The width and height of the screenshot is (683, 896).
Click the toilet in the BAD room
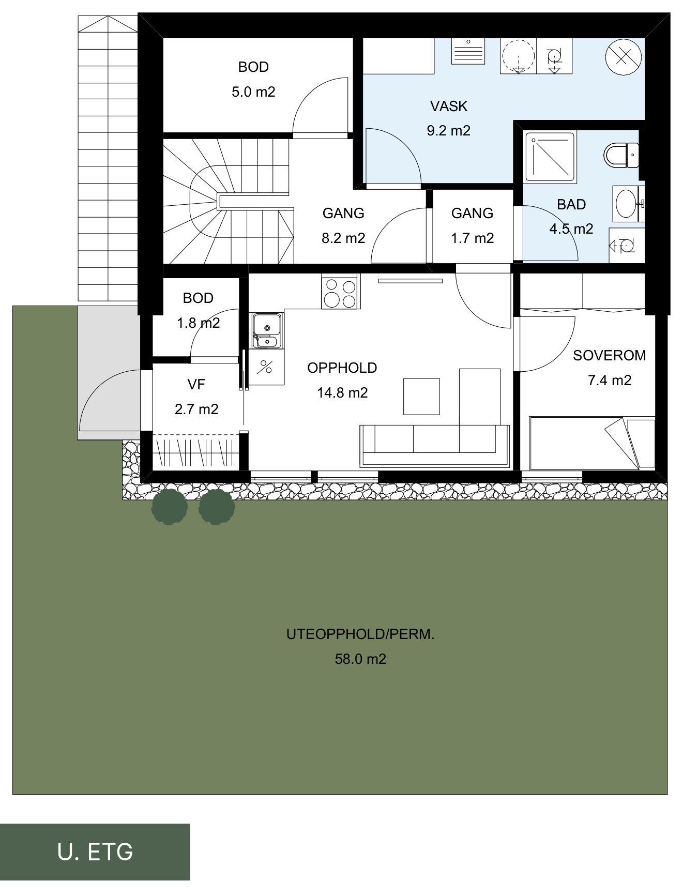pyautogui.click(x=620, y=155)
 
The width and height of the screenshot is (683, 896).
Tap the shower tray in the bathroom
pyautogui.click(x=550, y=157)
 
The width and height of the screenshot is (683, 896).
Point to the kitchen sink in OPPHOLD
pyautogui.click(x=267, y=330)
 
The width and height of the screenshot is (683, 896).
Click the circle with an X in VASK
pyautogui.click(x=624, y=56)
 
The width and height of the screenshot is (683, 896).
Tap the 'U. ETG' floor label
pyautogui.click(x=96, y=852)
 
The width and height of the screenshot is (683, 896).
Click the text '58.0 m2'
pyautogui.click(x=360, y=659)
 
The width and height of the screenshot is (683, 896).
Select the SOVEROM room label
pyautogui.click(x=610, y=355)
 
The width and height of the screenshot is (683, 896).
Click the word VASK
pyautogui.click(x=449, y=106)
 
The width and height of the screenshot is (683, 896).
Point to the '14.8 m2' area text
pyautogui.click(x=342, y=392)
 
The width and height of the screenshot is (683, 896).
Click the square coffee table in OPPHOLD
pyautogui.click(x=421, y=397)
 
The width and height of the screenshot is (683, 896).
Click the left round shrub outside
pyautogui.click(x=170, y=507)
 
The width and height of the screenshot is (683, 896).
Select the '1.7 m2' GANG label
pyautogui.click(x=473, y=238)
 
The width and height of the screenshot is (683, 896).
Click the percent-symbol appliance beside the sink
pyautogui.click(x=266, y=367)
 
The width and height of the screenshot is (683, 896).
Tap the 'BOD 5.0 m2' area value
pyautogui.click(x=253, y=92)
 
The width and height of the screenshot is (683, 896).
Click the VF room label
pyautogui.click(x=196, y=384)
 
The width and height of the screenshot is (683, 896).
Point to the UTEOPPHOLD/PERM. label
pyautogui.click(x=360, y=634)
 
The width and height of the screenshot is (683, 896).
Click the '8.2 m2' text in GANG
pyautogui.click(x=343, y=238)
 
